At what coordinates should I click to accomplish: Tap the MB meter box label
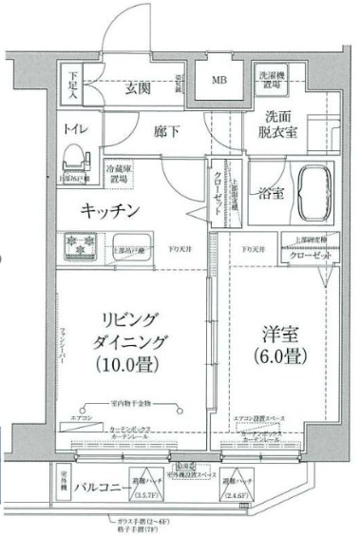pyautogui.click(x=219, y=80)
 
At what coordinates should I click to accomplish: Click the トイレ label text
pyautogui.click(x=75, y=127)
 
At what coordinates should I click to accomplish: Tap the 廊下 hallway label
pyautogui.click(x=168, y=127)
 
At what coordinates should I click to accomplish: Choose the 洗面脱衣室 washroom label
pyautogui.click(x=281, y=125)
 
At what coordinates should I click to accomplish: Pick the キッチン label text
pyautogui.click(x=110, y=210)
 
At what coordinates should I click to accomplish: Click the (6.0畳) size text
pyautogui.click(x=281, y=360)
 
